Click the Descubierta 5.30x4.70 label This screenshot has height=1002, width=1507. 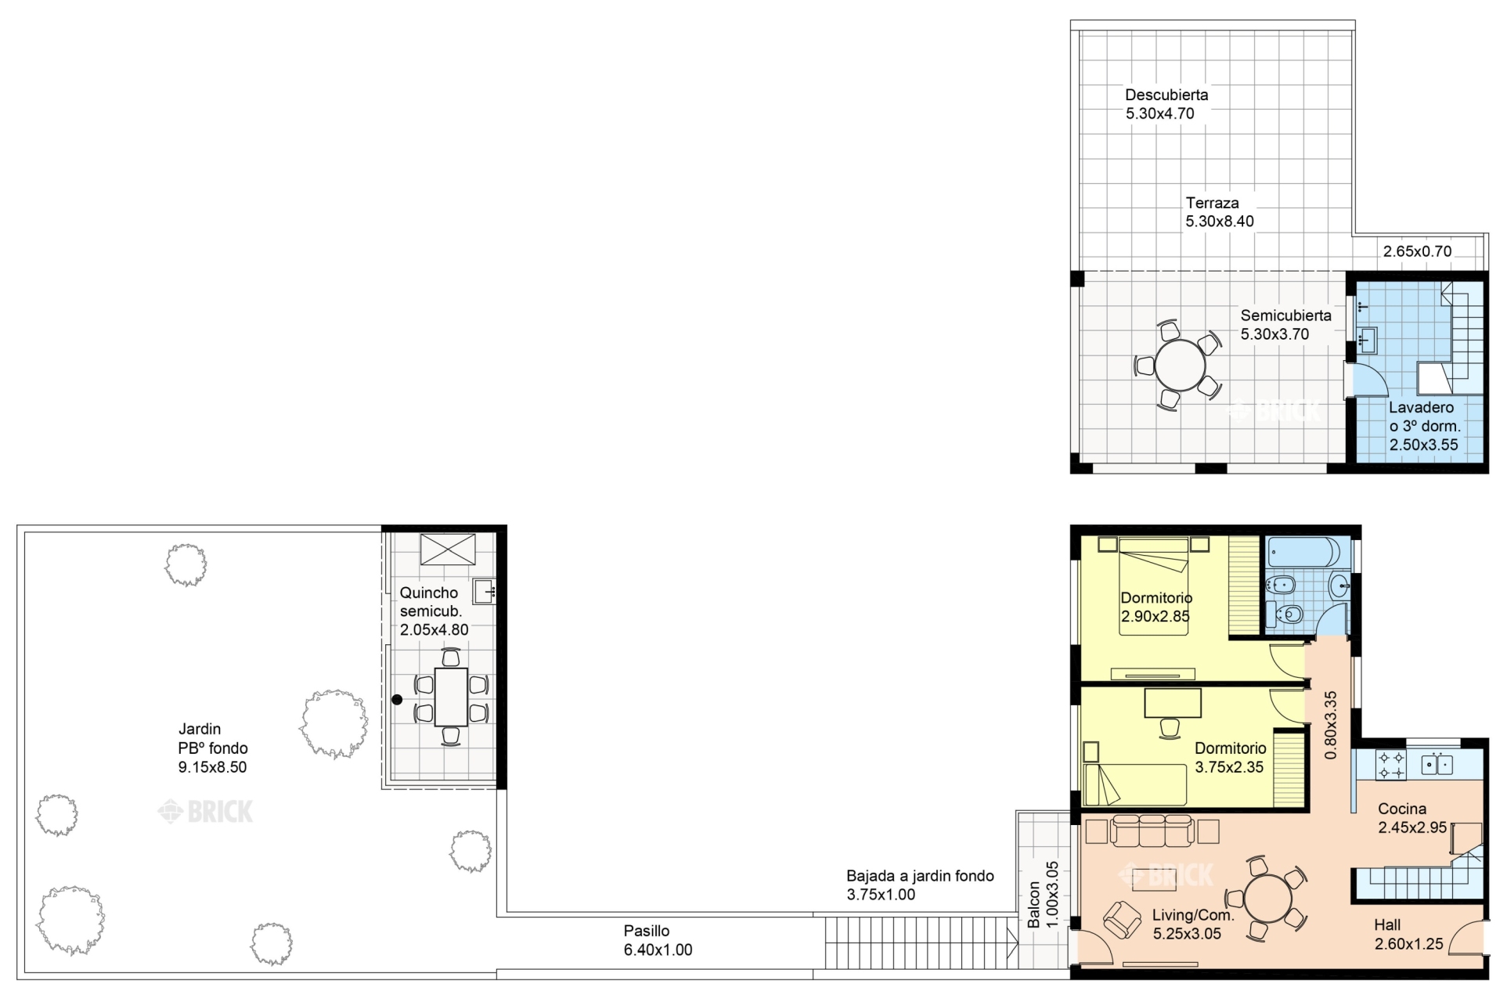pyautogui.click(x=1166, y=104)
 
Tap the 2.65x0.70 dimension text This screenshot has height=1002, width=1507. pyautogui.click(x=1417, y=251)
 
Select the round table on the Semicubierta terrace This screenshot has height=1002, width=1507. pyautogui.click(x=1180, y=365)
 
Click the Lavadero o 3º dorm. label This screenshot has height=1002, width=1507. pyautogui.click(x=1425, y=417)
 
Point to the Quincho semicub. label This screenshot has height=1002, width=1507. pyautogui.click(x=431, y=602)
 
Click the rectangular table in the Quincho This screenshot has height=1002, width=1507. pyautogui.click(x=451, y=697)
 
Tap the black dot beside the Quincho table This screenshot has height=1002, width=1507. pyautogui.click(x=397, y=700)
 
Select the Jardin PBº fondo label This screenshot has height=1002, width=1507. pyautogui.click(x=213, y=738)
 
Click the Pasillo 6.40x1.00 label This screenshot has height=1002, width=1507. pyautogui.click(x=658, y=940)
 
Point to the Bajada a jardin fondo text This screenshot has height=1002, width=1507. pyautogui.click(x=920, y=876)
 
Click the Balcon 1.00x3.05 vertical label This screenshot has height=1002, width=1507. pyautogui.click(x=1044, y=895)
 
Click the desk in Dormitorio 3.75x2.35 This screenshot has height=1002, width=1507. pyautogui.click(x=1173, y=703)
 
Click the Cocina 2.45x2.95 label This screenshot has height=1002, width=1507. pyautogui.click(x=1412, y=818)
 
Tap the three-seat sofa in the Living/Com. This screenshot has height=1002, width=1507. pyautogui.click(x=1152, y=831)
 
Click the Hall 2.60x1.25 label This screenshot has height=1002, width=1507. pyautogui.click(x=1408, y=935)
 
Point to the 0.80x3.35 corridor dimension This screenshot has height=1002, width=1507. pyautogui.click(x=1330, y=725)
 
